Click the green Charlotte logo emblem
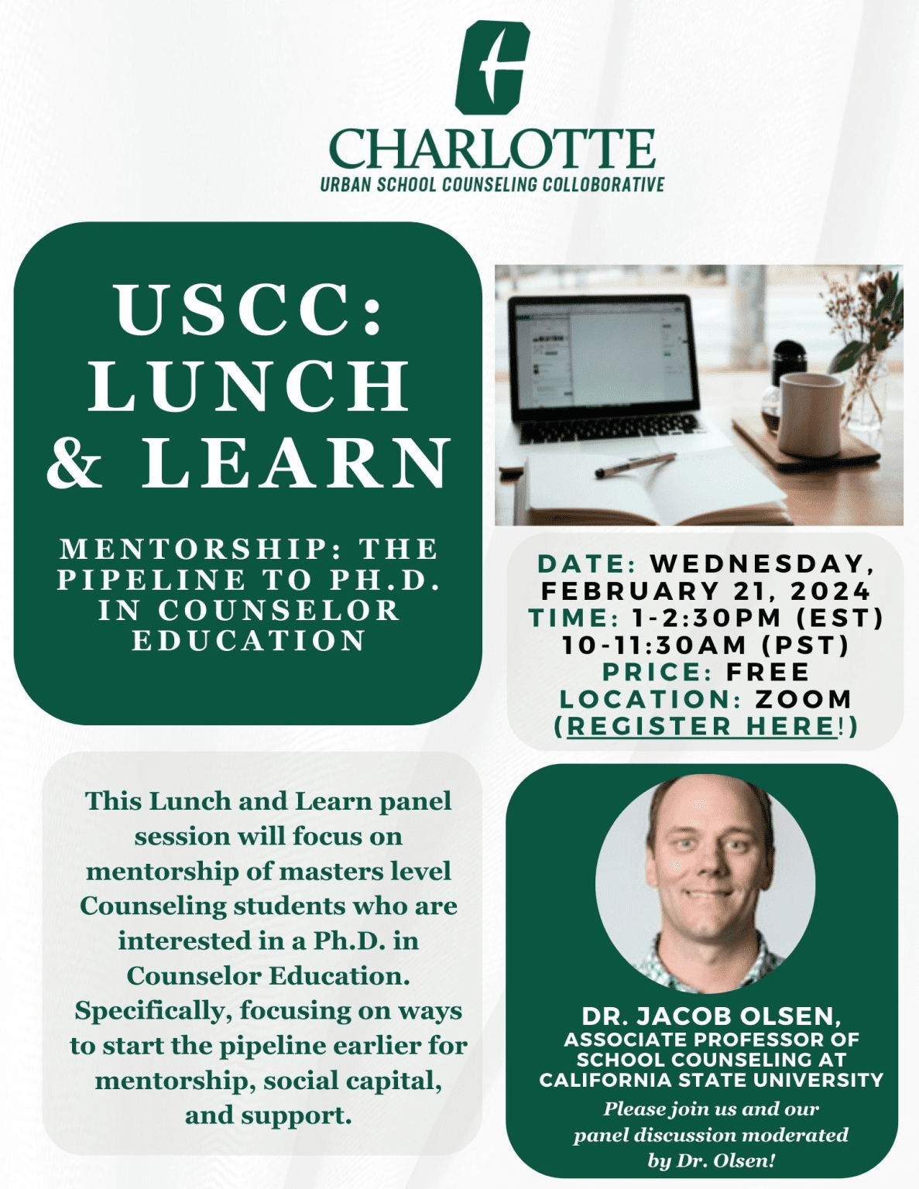(x=492, y=68)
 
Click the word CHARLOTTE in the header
(x=492, y=149)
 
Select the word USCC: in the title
(x=249, y=309)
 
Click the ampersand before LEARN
(x=74, y=462)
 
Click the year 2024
(x=830, y=591)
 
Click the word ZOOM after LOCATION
(x=804, y=699)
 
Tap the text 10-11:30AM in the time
(x=654, y=645)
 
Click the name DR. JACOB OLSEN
(x=711, y=1016)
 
